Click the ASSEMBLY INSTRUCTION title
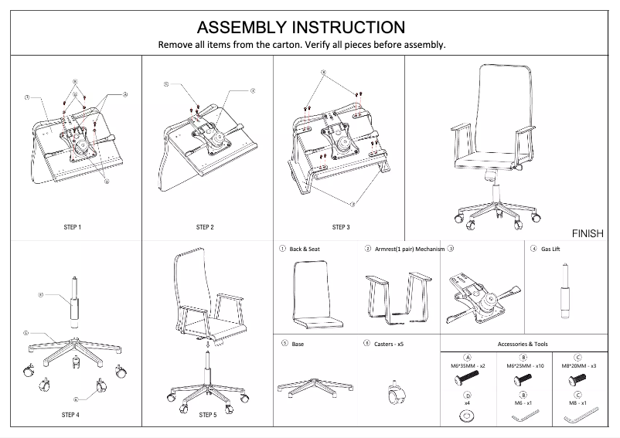tap(301, 28)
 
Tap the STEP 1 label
tap(72, 228)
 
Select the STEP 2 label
tap(205, 228)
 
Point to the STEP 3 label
tap(340, 228)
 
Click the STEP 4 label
tap(70, 416)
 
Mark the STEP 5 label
tap(207, 416)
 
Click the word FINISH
tap(588, 233)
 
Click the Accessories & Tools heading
tap(523, 345)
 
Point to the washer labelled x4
tap(468, 416)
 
